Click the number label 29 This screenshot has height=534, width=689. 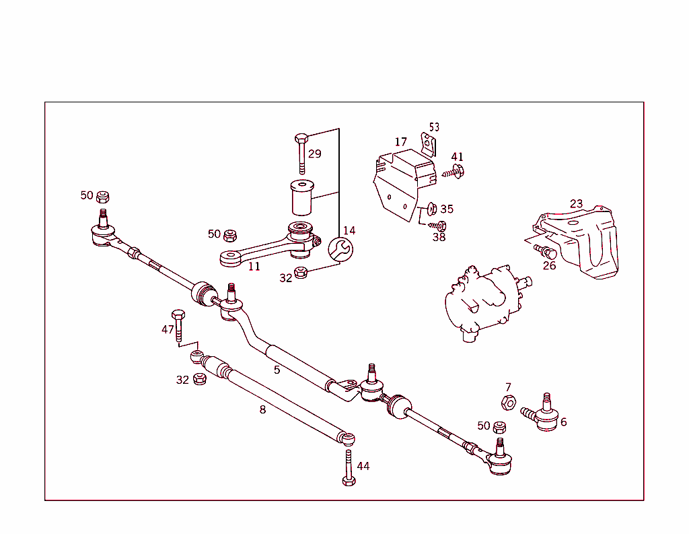(314, 154)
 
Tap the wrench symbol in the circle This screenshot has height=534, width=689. (340, 249)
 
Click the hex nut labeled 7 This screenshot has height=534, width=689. (509, 403)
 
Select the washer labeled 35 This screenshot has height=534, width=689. (432, 208)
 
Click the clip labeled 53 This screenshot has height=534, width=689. (428, 143)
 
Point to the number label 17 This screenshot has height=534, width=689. (401, 142)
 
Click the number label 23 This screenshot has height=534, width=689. (576, 204)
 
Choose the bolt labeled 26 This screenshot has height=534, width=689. (545, 252)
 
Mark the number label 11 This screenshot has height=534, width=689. (254, 267)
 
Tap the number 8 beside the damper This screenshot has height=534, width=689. (262, 409)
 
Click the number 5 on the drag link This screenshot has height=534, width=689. (277, 370)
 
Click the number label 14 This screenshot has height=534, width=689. (349, 231)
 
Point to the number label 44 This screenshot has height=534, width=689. (363, 466)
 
